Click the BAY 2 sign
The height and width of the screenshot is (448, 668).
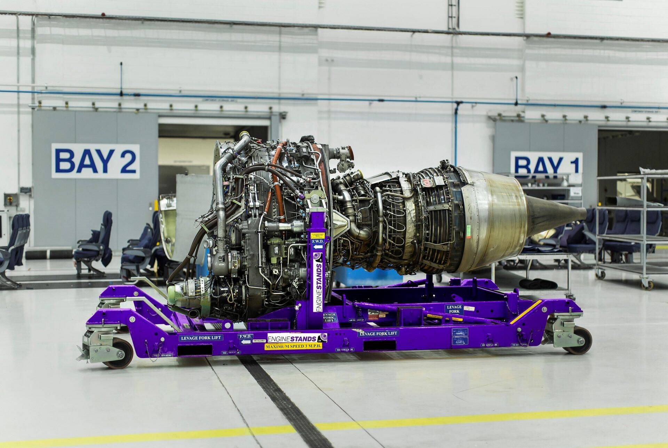pyautogui.click(x=95, y=161)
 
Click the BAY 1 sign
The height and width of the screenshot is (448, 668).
pyautogui.click(x=546, y=163)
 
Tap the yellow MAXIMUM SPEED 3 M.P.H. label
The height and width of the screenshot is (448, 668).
pyautogui.click(x=293, y=346)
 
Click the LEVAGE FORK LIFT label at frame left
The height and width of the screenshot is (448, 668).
pyautogui.click(x=201, y=337)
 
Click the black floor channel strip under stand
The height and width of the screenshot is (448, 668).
pyautogui.click(x=278, y=393)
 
